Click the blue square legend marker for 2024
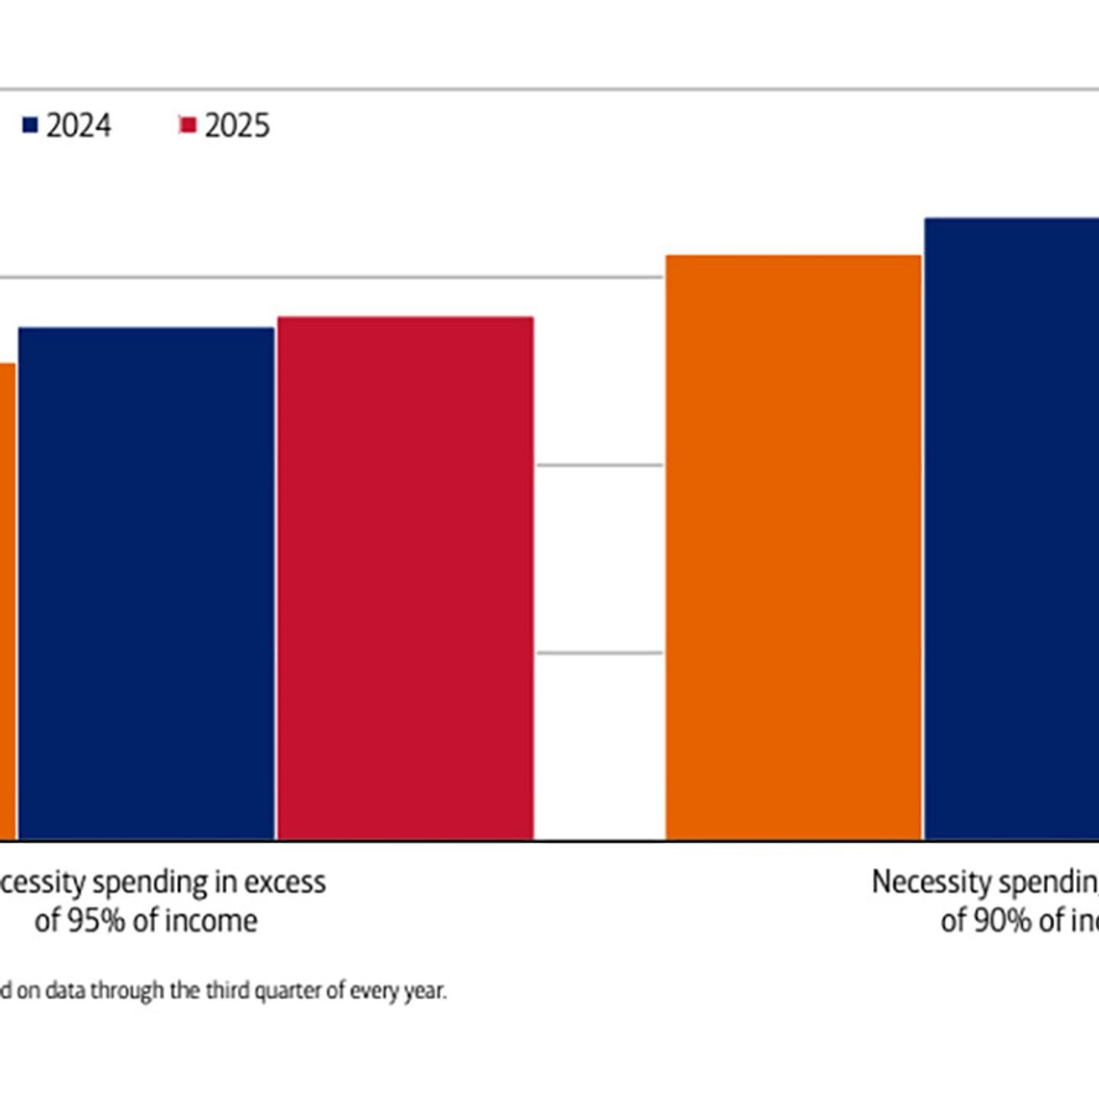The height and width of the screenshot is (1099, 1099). point(30,125)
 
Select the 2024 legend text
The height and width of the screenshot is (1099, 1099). point(79,126)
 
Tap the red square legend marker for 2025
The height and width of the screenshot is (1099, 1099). point(188,125)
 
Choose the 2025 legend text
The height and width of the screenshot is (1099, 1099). point(237,126)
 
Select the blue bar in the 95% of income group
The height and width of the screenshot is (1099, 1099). point(147,584)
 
